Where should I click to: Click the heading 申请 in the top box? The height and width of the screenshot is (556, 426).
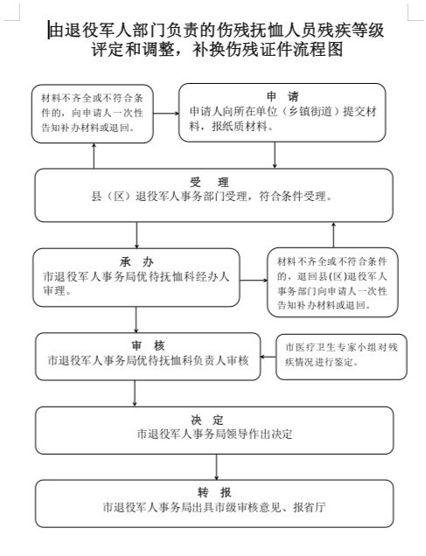tap(283, 96)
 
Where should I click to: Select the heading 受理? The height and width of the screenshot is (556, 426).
tap(209, 182)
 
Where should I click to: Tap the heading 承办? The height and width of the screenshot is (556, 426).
tap(136, 262)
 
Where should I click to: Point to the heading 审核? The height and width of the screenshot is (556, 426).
tap(148, 345)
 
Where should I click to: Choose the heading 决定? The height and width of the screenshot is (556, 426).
tap(207, 420)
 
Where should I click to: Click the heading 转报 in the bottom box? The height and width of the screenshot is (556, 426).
tap(214, 492)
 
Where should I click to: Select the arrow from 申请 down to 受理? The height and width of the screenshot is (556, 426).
tap(275, 155)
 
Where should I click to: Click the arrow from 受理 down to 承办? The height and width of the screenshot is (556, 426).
tap(137, 235)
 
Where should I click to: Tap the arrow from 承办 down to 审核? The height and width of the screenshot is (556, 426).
tap(136, 319)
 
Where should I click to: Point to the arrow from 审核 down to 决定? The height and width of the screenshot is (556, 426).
tap(135, 393)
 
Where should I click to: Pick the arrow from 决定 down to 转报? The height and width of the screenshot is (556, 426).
tap(216, 467)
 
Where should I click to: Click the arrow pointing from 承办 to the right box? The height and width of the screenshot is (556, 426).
tap(254, 280)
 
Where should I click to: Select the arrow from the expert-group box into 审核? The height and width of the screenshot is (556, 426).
tap(269, 357)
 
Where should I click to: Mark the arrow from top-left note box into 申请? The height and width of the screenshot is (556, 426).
tap(166, 114)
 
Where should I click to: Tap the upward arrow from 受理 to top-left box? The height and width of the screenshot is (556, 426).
tap(94, 156)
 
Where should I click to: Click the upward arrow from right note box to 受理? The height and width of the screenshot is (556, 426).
tap(333, 235)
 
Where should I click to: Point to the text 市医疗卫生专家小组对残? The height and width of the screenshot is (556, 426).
tap(341, 347)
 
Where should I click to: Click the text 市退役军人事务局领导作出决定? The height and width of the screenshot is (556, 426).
tap(214, 434)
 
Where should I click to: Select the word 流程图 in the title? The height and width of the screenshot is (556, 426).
tap(318, 49)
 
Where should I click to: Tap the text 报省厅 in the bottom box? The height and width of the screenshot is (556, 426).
tap(310, 507)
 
